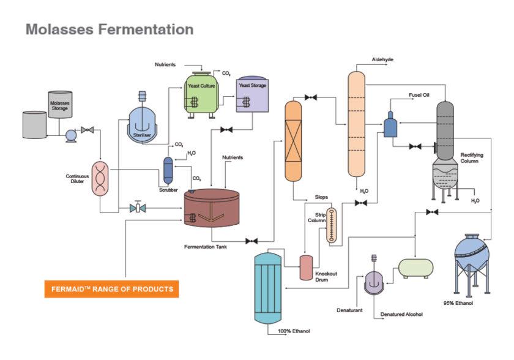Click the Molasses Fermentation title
110,29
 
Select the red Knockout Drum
306,268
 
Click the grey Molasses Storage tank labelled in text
60,105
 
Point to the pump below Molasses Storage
69,133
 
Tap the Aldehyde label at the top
382,59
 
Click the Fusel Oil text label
419,95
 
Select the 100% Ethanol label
294,331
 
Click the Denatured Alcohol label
401,314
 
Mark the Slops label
322,197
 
